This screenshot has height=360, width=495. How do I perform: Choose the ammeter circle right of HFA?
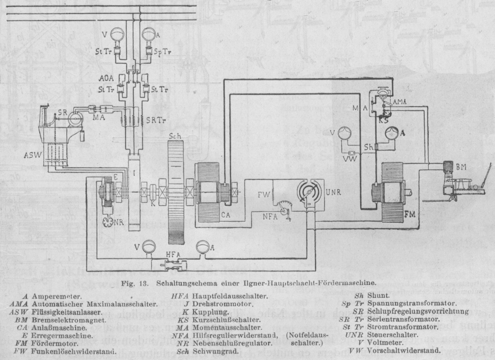204,247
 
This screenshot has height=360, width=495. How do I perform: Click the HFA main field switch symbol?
171,265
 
